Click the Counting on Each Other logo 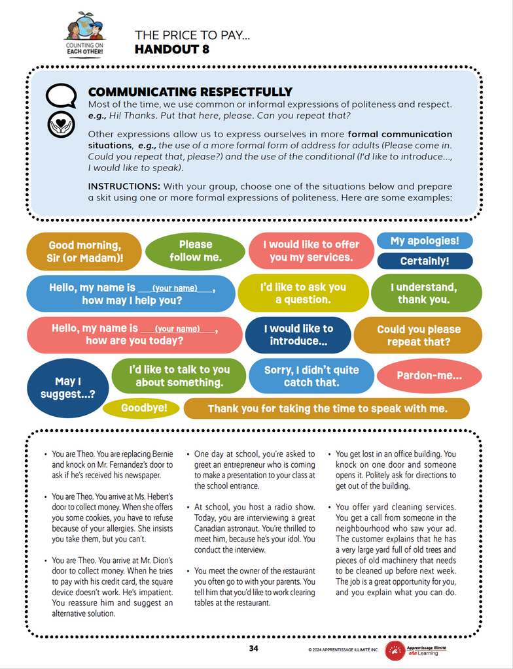pos(85,33)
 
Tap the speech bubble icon pos(61,96)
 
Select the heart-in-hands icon pos(61,124)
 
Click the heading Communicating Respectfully pos(190,92)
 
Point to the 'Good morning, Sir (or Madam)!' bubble pos(84,252)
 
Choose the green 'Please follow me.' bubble pos(195,251)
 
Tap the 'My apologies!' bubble pos(425,240)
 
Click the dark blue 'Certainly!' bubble pos(425,261)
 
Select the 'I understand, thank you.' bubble pos(426,293)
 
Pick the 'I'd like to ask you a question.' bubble pos(302,293)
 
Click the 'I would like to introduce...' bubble pos(298,334)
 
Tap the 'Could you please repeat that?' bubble pos(418,335)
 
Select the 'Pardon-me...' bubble pos(429,376)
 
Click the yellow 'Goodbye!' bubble pos(140,408)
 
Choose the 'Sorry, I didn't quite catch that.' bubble pos(311,376)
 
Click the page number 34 pos(254,648)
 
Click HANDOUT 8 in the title pos(171,49)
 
